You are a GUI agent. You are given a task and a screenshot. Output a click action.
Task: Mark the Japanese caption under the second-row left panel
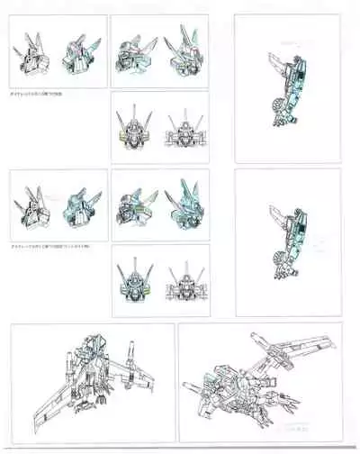pyautogui.click(x=48, y=246)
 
